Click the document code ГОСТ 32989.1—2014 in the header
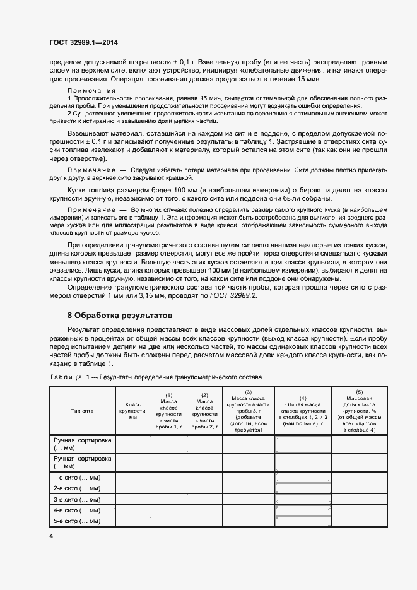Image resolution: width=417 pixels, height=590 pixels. pos(83,42)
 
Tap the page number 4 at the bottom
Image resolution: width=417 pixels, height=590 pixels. pos(51,536)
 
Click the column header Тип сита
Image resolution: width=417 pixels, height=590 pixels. pos(81,410)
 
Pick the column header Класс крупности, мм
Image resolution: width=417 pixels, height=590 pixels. pos(132,410)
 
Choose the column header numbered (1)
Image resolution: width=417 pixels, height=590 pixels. pos(168,410)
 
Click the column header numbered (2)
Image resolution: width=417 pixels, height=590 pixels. pos(204,410)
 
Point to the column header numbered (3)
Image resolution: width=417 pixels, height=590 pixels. pos(248,410)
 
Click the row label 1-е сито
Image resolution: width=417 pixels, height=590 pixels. pos(77,478)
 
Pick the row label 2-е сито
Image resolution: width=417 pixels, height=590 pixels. pos(77,488)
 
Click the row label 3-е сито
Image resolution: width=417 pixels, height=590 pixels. pos(77,499)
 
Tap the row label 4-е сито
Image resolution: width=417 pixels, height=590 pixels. pos(77,510)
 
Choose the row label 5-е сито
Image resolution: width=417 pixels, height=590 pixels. pos(77,521)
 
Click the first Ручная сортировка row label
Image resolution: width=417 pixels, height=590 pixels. pos(83,444)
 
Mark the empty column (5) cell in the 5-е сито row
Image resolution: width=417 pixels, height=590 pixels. pos(360,521)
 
